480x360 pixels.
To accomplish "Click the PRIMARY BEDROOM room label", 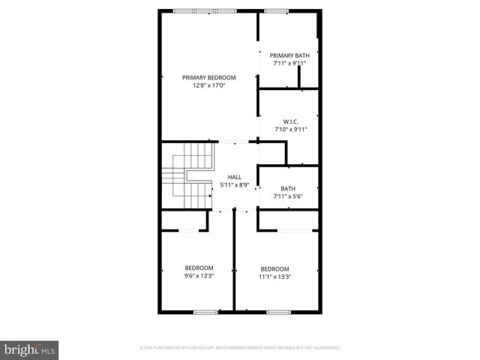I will pos(209,77).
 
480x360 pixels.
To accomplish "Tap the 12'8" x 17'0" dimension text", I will pos(209,85).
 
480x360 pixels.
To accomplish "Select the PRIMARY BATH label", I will pos(289,55).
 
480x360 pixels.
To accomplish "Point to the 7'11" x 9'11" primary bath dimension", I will pos(289,63).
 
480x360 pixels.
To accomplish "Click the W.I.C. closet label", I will pos(291,121).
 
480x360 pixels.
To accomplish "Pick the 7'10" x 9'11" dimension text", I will pos(291,130).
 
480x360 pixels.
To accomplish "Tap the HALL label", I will pos(235,177).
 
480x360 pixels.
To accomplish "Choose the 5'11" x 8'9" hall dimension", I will pos(235,184).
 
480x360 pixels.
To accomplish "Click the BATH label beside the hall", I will pos(288,188).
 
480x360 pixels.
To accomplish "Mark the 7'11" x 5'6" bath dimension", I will pos(288,196).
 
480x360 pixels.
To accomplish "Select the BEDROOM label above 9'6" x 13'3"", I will pos(199,268).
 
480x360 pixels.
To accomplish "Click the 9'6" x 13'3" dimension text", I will pos(199,276).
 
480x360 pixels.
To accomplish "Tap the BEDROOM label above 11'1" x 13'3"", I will pos(274,268).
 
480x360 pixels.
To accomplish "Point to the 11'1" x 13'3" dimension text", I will pos(274,277).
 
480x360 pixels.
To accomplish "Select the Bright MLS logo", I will pos(30,349).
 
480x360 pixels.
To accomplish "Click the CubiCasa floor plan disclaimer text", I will pos(240,348).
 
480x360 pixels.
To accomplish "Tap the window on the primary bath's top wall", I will pos(275,10).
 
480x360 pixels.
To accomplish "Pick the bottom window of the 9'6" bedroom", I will pos(205,311).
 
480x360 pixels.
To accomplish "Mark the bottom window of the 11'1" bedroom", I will pos(278,311).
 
